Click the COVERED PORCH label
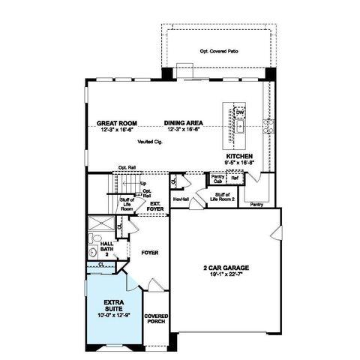155,319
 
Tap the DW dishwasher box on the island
240,113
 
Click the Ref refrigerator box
234,178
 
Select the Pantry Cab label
217,179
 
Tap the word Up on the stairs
142,183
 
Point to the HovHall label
180,199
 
